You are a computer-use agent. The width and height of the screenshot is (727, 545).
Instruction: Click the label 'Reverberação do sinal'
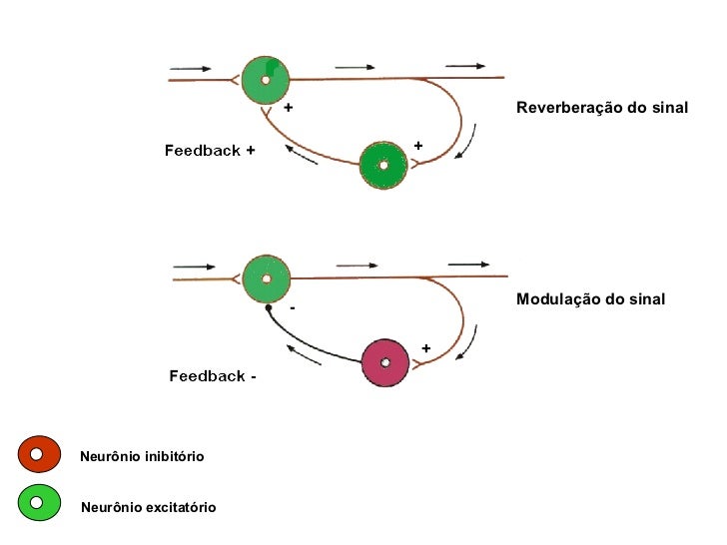(x=602, y=107)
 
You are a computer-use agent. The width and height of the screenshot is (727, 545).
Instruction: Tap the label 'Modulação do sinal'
(x=590, y=299)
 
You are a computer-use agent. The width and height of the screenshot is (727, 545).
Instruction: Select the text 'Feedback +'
(x=210, y=151)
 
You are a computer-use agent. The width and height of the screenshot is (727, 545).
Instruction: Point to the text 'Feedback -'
(x=213, y=376)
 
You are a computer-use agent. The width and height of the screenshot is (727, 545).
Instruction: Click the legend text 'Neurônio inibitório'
(x=142, y=456)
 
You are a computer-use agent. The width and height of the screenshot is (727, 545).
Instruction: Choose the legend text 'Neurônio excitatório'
(x=148, y=508)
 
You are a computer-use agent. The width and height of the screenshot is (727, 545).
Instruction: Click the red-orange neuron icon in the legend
(x=38, y=454)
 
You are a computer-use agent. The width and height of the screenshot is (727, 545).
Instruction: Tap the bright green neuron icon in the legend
(x=38, y=501)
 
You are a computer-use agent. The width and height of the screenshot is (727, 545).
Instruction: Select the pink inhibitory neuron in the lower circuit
(x=385, y=363)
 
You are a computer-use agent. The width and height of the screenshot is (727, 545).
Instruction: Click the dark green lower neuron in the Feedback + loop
(x=383, y=166)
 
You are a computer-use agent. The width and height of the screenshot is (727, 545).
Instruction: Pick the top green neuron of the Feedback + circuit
(x=266, y=80)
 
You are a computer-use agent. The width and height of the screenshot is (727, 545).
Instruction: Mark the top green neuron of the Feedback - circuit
(x=267, y=279)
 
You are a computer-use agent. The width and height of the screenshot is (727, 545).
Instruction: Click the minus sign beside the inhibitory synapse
(x=292, y=309)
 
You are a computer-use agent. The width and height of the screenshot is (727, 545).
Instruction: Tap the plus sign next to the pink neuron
(x=425, y=348)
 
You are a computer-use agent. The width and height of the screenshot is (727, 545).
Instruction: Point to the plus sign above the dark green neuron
(x=417, y=146)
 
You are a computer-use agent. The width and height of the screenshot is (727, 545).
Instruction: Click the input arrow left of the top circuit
(x=191, y=69)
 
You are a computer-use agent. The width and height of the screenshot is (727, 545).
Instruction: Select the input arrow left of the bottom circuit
(x=195, y=267)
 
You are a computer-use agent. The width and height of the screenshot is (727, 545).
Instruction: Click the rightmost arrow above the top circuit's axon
(x=465, y=66)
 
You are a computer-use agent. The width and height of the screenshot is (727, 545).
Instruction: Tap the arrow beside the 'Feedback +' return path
(x=301, y=155)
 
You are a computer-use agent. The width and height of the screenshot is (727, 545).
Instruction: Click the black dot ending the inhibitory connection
(x=270, y=309)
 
